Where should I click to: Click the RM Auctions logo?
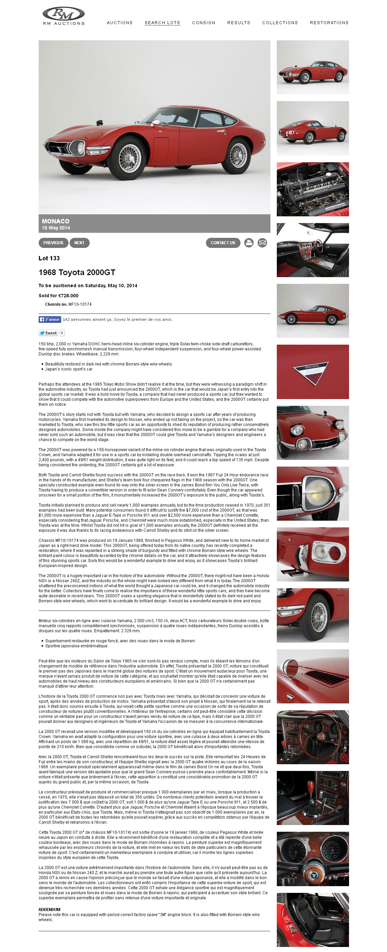point(63,16)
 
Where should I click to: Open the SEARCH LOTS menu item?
point(162,23)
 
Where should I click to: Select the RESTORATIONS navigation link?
point(329,23)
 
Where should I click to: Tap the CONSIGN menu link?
point(204,23)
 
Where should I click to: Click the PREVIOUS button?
point(53,243)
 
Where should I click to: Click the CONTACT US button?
point(223,243)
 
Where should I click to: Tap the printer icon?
point(249,243)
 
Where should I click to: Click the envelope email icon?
point(262,243)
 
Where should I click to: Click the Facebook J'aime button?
point(49,319)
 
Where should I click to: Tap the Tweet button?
point(48,333)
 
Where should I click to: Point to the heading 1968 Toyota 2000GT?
point(77,272)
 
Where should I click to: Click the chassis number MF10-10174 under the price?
point(80,304)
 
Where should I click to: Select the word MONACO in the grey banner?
point(55,221)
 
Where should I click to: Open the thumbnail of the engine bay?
point(313,189)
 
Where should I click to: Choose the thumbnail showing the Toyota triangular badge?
point(313,372)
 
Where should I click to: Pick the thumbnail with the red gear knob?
point(313,798)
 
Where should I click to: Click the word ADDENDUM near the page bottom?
point(49,909)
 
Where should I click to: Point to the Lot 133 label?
point(49,258)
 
